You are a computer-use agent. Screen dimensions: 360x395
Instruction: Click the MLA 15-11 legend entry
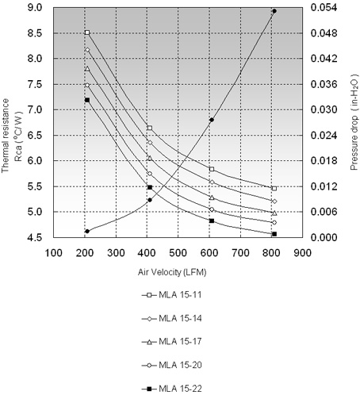click(x=172, y=295)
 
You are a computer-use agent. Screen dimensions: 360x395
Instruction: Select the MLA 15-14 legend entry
click(x=172, y=318)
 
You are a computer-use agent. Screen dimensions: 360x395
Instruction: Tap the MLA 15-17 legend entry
click(x=172, y=342)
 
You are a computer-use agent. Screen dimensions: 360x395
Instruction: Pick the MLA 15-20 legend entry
click(x=172, y=365)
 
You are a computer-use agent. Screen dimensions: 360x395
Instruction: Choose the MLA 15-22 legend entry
click(x=172, y=389)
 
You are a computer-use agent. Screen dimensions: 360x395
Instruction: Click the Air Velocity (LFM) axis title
click(x=172, y=272)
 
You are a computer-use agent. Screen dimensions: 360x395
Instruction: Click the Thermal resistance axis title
click(x=6, y=136)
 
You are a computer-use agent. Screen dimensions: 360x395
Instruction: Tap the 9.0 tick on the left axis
click(x=35, y=8)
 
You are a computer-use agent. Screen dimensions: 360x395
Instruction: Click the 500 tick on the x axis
click(x=178, y=253)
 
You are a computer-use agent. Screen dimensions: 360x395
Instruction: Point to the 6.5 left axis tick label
click(x=35, y=136)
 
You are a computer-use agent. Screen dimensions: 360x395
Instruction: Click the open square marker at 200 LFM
click(x=87, y=33)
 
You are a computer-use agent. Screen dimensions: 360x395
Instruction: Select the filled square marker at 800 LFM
click(x=274, y=234)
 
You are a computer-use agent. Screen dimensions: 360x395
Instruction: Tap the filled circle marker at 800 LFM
click(x=274, y=11)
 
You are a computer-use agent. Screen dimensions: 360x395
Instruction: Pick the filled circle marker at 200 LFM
click(x=87, y=232)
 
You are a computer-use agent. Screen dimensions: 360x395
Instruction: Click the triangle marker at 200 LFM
click(x=87, y=69)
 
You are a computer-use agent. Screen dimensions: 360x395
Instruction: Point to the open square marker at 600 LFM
click(x=212, y=169)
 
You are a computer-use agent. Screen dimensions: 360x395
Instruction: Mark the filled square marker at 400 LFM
click(x=150, y=187)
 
